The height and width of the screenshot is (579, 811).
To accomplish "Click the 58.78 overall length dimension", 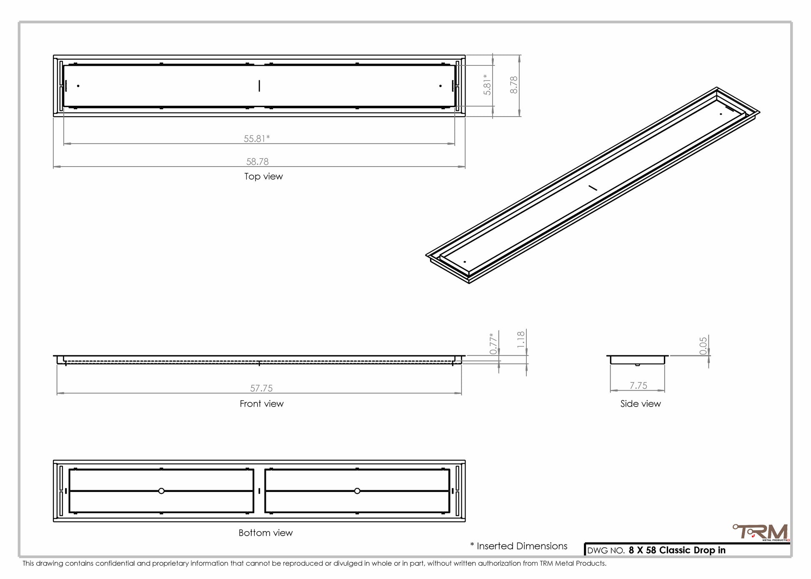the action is [x=258, y=161].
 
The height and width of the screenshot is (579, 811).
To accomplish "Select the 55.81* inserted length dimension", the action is [x=257, y=138].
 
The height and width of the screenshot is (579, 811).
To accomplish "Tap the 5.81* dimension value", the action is [x=487, y=85].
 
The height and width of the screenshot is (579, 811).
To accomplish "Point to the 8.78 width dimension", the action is [x=514, y=85].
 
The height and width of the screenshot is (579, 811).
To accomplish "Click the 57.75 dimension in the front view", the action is [x=261, y=388].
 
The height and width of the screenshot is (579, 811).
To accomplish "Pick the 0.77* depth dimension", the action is [x=493, y=344].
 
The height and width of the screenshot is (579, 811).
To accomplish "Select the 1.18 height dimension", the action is [x=521, y=339].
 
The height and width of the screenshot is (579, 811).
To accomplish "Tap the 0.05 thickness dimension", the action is [x=703, y=346].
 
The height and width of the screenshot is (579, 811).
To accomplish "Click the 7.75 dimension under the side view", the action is [x=638, y=386].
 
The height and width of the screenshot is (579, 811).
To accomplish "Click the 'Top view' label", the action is [x=263, y=176].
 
